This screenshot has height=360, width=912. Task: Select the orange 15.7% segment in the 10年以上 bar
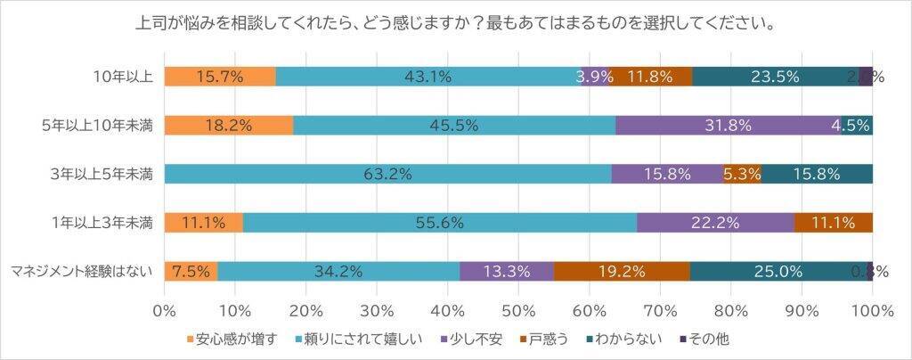(220, 77)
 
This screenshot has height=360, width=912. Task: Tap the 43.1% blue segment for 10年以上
(427, 77)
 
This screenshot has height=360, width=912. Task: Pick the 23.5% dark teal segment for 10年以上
(774, 77)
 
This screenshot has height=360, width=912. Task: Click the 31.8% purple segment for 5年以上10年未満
(727, 126)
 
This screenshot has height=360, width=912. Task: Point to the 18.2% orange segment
(229, 126)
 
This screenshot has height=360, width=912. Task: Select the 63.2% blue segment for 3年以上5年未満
(387, 174)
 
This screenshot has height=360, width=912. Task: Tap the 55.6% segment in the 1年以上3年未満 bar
(439, 223)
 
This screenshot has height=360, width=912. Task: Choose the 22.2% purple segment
(715, 223)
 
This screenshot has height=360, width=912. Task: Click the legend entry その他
(709, 339)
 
